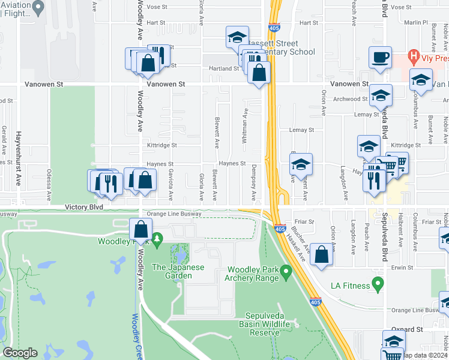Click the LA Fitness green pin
[378, 283]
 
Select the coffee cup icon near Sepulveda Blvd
[379, 58]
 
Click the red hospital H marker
[412, 58]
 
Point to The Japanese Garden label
[172, 271]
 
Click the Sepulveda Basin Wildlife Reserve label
[276, 324]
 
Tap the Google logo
[20, 353]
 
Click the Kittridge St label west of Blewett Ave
[162, 145]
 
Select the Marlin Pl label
[415, 22]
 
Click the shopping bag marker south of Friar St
[322, 254]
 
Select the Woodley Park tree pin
[157, 240]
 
